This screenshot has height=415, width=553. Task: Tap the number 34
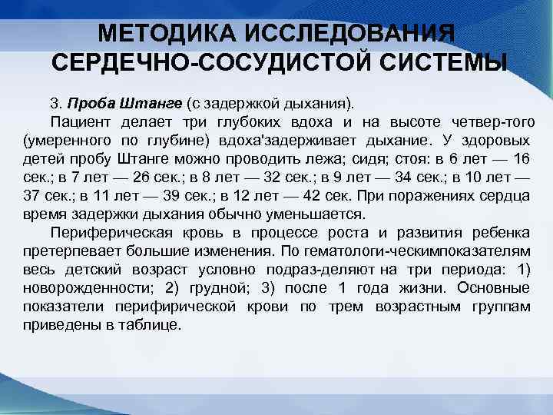coord(401,178)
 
